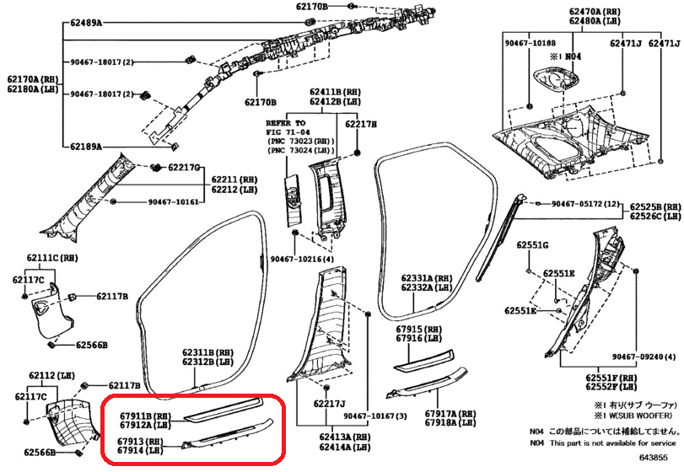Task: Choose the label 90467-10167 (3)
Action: coord(375,416)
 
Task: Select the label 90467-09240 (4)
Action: coord(643,357)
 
